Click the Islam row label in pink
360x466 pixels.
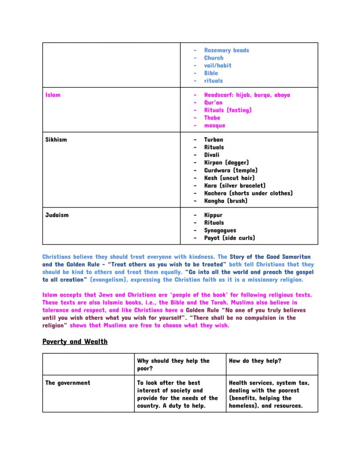click(x=53, y=95)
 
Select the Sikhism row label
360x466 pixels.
click(x=56, y=140)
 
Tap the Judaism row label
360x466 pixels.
click(x=57, y=215)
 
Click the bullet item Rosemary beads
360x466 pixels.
click(x=227, y=50)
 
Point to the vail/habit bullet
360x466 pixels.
click(x=218, y=66)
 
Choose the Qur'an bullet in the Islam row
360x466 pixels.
click(x=213, y=103)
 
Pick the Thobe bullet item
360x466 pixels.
click(x=212, y=118)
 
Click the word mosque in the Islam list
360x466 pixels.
click(x=215, y=126)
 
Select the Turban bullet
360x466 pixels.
click(x=213, y=140)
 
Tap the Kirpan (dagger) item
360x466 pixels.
click(x=227, y=163)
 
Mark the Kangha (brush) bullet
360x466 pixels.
click(x=226, y=201)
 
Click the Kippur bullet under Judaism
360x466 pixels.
click(x=213, y=215)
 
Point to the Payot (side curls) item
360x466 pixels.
click(x=230, y=238)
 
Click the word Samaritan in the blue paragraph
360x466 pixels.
click(x=295, y=257)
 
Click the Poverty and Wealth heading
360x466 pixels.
click(x=75, y=342)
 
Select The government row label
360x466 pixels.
click(x=68, y=383)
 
